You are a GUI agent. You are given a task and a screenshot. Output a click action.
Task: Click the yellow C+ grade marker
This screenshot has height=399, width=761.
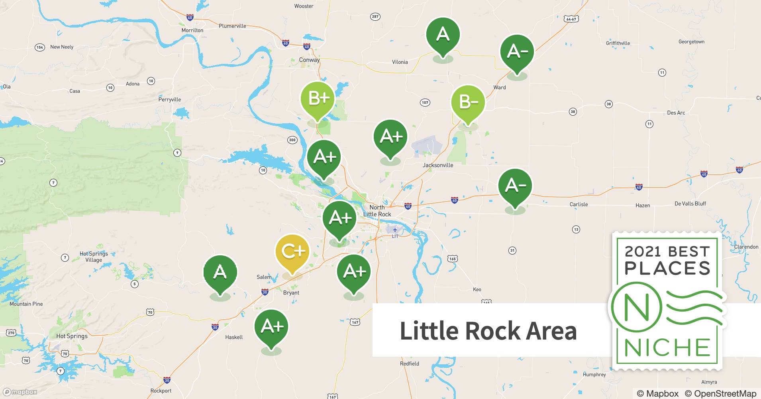pyautogui.click(x=292, y=251)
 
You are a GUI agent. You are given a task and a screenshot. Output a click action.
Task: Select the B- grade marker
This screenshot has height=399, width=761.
pyautogui.click(x=468, y=102)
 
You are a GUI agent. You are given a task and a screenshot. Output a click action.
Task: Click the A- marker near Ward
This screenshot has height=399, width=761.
pyautogui.click(x=517, y=52)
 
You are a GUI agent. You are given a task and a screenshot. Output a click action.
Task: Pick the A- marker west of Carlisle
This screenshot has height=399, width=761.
pyautogui.click(x=515, y=186)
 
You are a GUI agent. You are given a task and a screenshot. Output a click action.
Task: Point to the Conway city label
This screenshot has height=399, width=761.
pyautogui.click(x=309, y=60)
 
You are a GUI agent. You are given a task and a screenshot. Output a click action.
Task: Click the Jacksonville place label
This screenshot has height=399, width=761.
pyautogui.click(x=438, y=165)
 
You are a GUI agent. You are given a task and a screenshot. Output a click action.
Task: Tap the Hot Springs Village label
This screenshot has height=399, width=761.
pyautogui.click(x=94, y=257)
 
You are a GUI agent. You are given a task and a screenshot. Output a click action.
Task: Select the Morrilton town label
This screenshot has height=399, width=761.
pyautogui.click(x=192, y=30)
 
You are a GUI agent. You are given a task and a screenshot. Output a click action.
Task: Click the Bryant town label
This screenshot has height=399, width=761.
pyautogui.click(x=291, y=292)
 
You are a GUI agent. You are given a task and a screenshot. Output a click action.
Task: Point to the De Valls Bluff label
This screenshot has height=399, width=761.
pyautogui.click(x=690, y=203)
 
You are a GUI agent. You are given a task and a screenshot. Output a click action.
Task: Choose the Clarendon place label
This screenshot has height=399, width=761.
pyautogui.click(x=746, y=247)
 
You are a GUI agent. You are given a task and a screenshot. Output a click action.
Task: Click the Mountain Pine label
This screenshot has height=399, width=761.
pyautogui.click(x=26, y=304)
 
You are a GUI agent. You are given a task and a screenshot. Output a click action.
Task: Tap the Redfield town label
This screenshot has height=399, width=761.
pyautogui.click(x=409, y=363)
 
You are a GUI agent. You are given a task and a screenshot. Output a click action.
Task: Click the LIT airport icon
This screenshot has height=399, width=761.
pyautogui.click(x=395, y=230)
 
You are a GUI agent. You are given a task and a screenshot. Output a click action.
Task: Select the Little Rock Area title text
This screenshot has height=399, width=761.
pyautogui.click(x=488, y=331)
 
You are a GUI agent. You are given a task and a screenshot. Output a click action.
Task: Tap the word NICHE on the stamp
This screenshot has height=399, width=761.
pyautogui.click(x=667, y=348)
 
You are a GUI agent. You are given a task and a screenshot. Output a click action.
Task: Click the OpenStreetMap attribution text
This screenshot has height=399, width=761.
pyautogui.click(x=720, y=393)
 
